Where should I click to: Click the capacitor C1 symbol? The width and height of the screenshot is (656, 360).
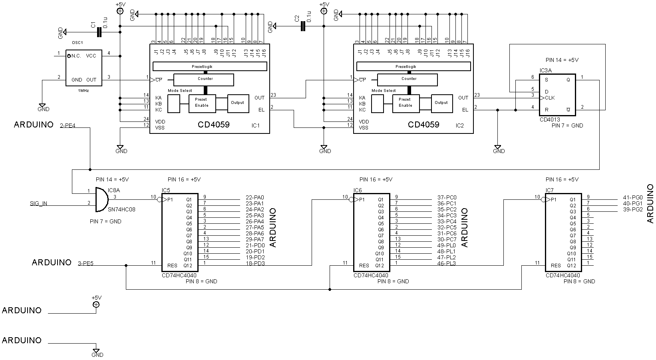pos(99,32)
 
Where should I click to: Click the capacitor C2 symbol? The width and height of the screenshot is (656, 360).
pos(303,26)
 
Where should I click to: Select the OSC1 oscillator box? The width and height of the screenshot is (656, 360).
pos(84,68)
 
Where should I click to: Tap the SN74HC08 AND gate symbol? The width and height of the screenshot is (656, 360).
pos(102,199)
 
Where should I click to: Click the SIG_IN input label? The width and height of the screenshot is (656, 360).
pos(38,204)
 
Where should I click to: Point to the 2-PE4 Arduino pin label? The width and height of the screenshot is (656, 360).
pos(68,126)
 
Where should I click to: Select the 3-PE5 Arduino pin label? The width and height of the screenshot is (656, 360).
pos(85,263)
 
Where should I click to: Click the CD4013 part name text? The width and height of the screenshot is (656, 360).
pos(550,119)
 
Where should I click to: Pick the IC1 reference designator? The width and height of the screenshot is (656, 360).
pos(255,125)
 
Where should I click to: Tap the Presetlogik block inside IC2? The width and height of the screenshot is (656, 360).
pos(413,66)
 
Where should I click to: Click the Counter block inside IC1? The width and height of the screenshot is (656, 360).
pos(203,80)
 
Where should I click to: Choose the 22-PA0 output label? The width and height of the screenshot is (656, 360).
pos(255,198)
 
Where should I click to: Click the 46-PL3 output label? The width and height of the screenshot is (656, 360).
pos(447,263)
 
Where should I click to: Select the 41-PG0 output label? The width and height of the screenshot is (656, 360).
pos(632,198)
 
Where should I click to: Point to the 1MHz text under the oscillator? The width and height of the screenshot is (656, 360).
pos(83,91)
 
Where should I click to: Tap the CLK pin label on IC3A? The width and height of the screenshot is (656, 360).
pos(550,98)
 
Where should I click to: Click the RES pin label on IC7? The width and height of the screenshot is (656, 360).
pos(556,266)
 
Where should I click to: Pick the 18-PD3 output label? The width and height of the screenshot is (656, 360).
pos(255,263)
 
